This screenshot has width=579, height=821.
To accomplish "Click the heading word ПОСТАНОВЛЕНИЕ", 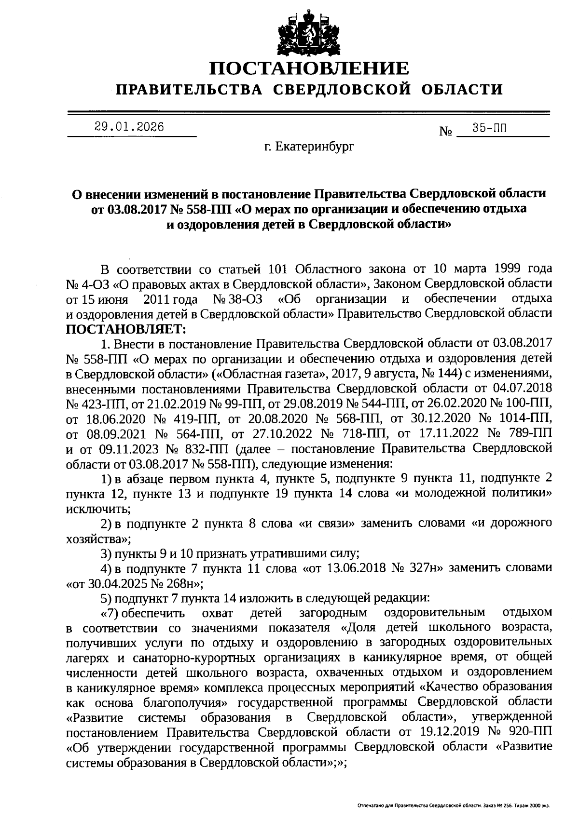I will [x=309, y=68].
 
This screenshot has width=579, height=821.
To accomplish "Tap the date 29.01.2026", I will [x=129, y=127].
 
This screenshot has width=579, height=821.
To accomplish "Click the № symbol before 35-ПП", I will [x=445, y=131].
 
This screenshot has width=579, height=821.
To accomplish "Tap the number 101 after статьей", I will [x=277, y=268].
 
